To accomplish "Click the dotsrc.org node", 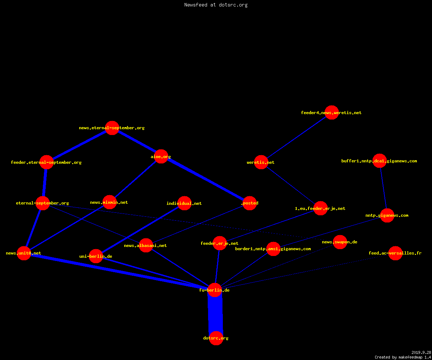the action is point(216,338).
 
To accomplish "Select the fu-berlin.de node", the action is point(215,290).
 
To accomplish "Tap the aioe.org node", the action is point(161,156).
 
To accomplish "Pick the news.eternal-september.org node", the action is point(112,128).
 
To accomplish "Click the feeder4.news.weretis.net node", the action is point(332,113).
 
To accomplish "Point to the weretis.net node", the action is point(261,162).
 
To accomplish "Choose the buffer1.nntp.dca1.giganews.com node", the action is point(379,161).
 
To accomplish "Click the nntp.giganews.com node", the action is point(387,215).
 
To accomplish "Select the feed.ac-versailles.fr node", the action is point(395,253).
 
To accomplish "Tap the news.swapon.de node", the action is point(340,242).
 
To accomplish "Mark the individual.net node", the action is point(185,203).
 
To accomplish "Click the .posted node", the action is point(250,203).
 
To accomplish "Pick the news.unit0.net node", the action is point(24,253).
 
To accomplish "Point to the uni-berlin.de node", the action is point(96,256).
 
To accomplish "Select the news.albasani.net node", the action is point(146,246).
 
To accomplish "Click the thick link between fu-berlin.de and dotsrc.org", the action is point(215,314).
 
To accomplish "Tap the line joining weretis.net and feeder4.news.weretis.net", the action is point(297,138).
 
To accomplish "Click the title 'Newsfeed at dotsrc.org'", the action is point(216,5).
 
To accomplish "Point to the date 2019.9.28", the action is point(421,352).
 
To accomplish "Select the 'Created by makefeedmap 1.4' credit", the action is point(403,357).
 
